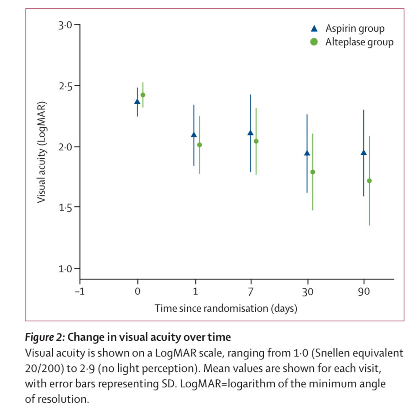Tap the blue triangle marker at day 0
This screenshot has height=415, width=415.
(x=137, y=101)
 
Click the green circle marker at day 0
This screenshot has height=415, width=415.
(x=143, y=95)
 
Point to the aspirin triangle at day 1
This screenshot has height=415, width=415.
(x=194, y=135)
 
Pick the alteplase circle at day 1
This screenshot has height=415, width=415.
(x=200, y=145)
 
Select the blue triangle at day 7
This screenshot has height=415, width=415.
(x=251, y=133)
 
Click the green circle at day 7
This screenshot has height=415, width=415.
(x=256, y=141)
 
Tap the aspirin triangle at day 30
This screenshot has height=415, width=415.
(x=307, y=153)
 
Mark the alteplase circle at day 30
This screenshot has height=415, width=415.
(x=313, y=172)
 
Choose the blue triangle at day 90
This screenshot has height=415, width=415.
(x=364, y=153)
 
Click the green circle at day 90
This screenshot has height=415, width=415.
(x=369, y=181)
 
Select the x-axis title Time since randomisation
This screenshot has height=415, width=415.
(x=226, y=308)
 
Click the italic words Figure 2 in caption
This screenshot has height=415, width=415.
(x=45, y=338)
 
